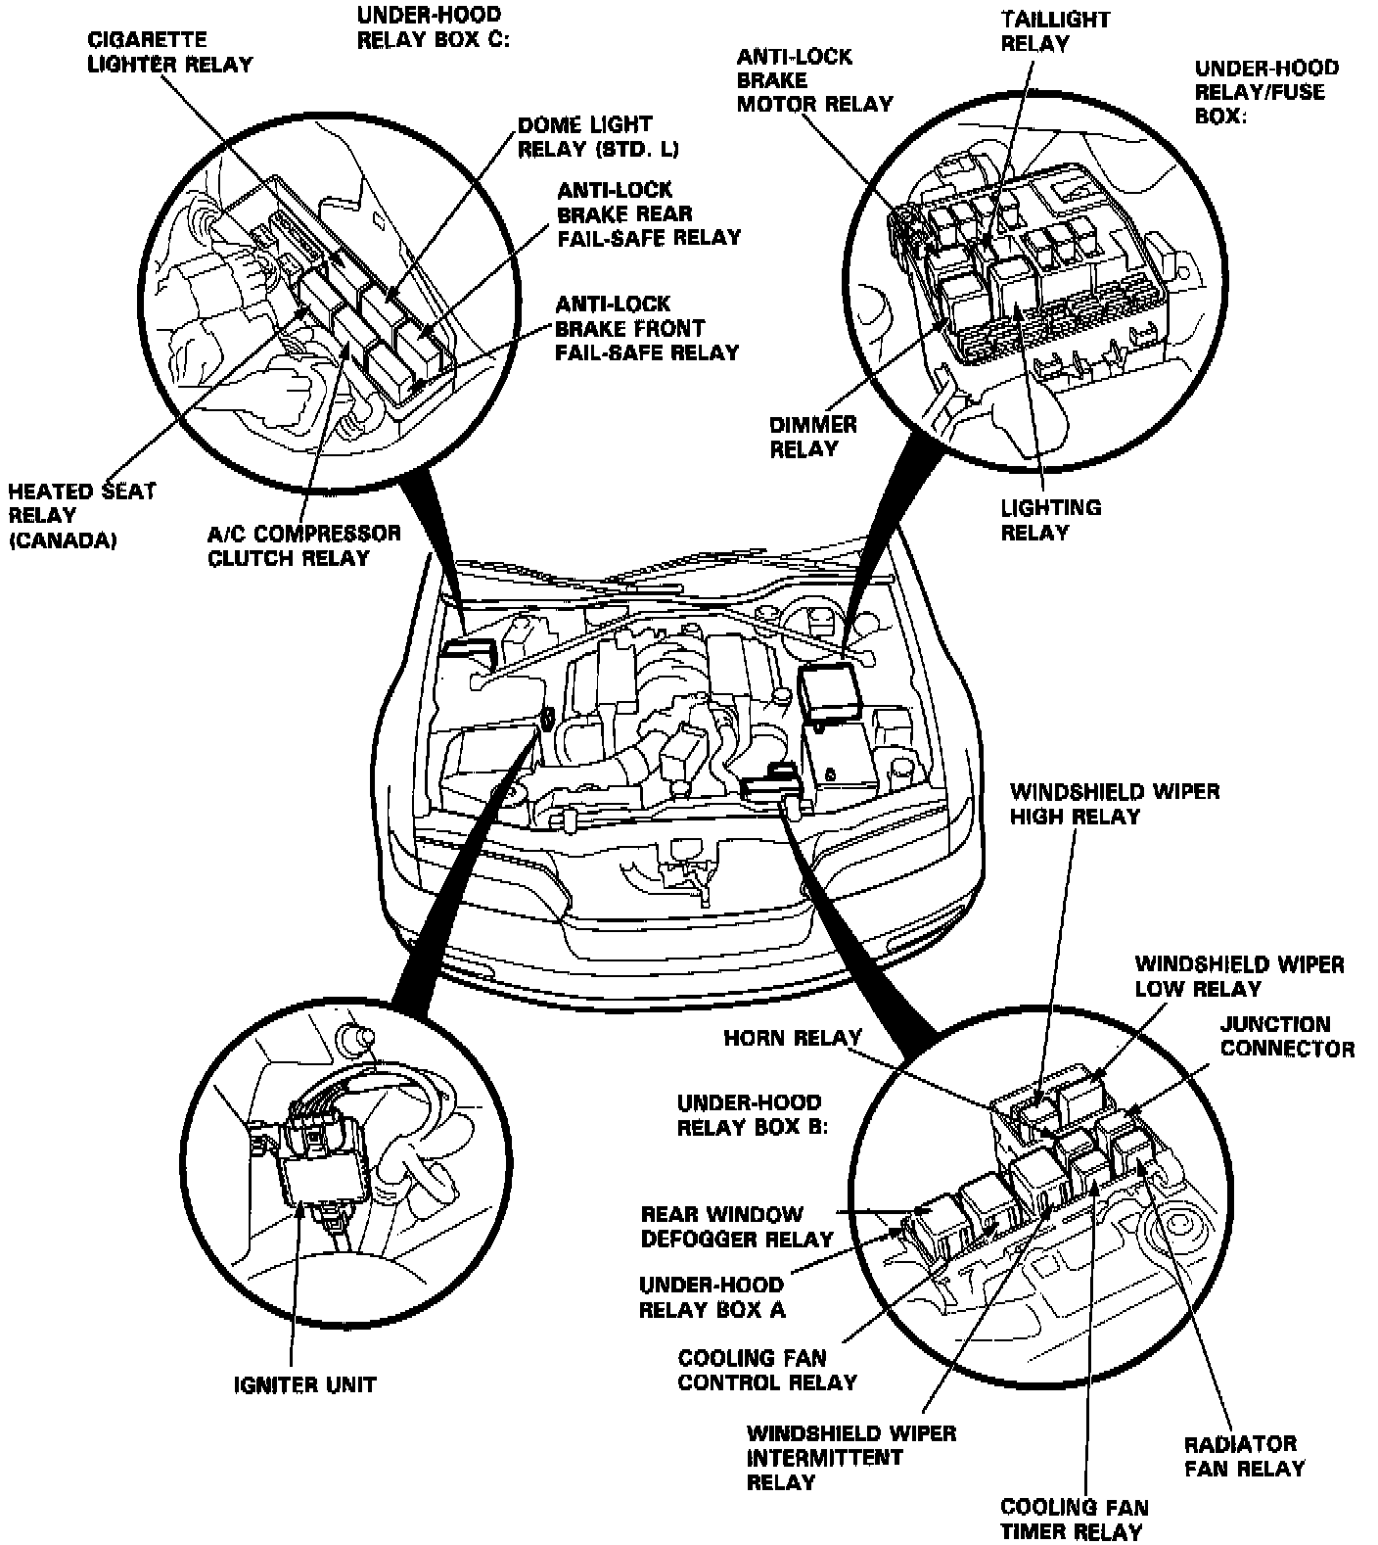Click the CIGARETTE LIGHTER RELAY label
point(170,53)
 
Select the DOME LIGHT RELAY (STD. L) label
point(598,137)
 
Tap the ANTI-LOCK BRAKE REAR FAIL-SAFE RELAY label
point(648,213)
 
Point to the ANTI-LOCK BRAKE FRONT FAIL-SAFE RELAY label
point(646,328)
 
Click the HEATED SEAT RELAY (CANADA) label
point(81,515)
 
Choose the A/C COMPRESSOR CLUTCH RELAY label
point(303,545)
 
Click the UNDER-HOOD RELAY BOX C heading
point(429,27)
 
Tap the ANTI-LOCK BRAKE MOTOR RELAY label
point(814,80)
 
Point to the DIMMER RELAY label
point(812,437)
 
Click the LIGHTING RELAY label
point(1050,520)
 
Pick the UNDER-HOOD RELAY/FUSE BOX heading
point(1265,92)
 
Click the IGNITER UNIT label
point(304,1384)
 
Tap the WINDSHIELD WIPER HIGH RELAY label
point(1115,803)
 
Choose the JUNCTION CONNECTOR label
point(1286,1036)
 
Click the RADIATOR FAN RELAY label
point(1244,1456)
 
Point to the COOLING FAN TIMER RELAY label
point(1074,1520)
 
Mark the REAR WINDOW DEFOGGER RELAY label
point(736,1227)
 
